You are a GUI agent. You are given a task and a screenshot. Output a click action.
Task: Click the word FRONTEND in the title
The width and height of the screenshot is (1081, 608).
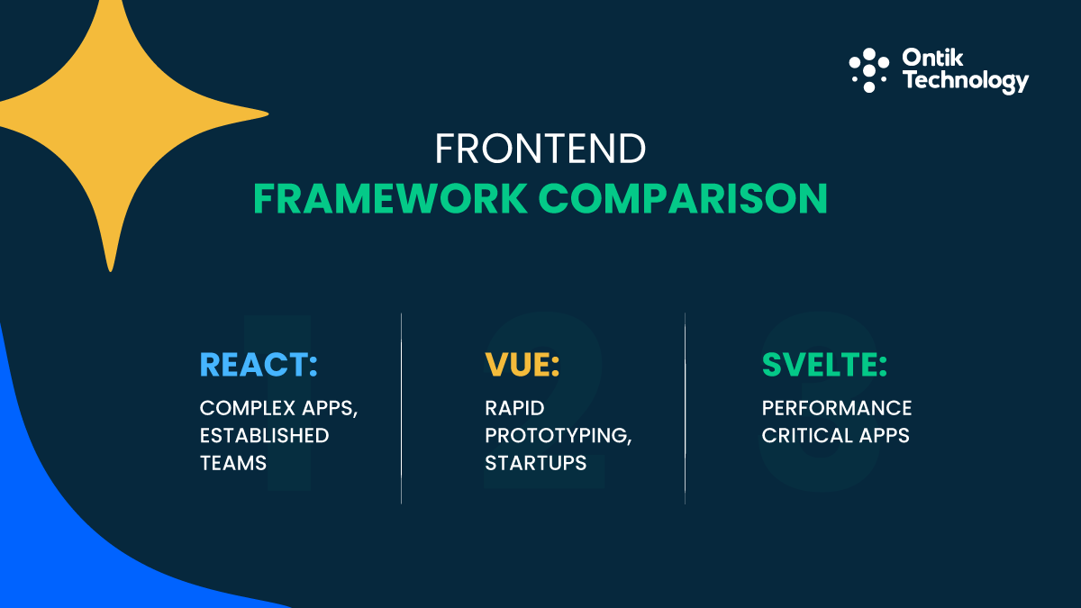[x=540, y=150]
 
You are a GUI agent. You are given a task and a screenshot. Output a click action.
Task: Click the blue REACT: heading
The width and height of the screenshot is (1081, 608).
[x=259, y=365]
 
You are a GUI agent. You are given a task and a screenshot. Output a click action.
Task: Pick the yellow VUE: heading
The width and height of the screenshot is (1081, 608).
[x=522, y=365]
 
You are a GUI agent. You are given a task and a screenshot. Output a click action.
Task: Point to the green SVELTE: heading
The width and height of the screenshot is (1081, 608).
[x=824, y=365]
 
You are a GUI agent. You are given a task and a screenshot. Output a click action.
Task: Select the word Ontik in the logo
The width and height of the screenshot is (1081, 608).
[x=933, y=59]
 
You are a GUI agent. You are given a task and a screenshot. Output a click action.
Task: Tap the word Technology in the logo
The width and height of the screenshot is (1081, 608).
[x=965, y=81]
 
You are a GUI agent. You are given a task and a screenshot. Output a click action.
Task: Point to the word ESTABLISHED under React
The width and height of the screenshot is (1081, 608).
[x=264, y=436]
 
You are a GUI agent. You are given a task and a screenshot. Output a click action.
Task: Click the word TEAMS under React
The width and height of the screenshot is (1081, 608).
[x=232, y=463]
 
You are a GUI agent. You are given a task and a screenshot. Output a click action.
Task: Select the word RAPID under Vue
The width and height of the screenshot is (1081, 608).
[x=514, y=408]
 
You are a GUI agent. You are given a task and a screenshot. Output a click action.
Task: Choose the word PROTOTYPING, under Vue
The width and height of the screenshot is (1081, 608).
[x=558, y=436]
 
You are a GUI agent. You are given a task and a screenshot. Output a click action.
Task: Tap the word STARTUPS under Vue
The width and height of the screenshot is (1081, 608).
[x=535, y=463]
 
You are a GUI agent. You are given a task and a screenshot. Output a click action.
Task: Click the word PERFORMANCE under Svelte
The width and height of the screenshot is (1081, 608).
[x=837, y=408]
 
